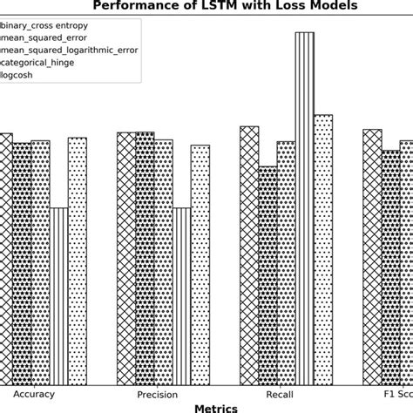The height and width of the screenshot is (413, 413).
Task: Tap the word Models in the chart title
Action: pyautogui.click(x=334, y=6)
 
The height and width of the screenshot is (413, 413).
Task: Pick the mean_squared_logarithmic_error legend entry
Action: pyautogui.click(x=69, y=50)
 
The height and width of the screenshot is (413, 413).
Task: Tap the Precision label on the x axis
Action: pyautogui.click(x=158, y=395)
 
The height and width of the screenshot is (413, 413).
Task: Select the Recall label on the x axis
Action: pyautogui.click(x=280, y=395)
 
